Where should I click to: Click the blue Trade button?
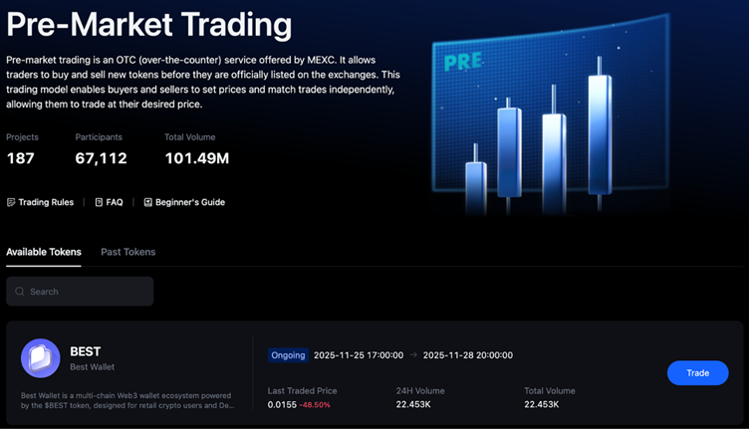click(x=697, y=373)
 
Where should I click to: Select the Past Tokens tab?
click(x=127, y=252)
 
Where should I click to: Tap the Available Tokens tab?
click(x=44, y=252)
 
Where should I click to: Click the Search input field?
click(x=85, y=292)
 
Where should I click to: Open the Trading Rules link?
click(x=41, y=202)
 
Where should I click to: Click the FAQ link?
click(x=110, y=202)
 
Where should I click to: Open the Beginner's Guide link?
click(x=184, y=202)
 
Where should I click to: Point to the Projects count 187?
click(x=20, y=158)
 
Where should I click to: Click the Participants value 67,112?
click(x=101, y=158)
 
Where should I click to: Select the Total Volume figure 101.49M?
click(x=196, y=158)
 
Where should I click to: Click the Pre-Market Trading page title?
click(x=149, y=25)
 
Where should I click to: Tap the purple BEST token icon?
click(x=41, y=359)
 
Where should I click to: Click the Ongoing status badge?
click(x=288, y=355)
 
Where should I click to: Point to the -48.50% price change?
click(x=316, y=405)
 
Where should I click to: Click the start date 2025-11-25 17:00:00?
click(x=359, y=355)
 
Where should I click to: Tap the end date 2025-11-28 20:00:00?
click(x=468, y=355)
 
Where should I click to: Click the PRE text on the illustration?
click(x=463, y=61)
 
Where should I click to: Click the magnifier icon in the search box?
click(x=19, y=292)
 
